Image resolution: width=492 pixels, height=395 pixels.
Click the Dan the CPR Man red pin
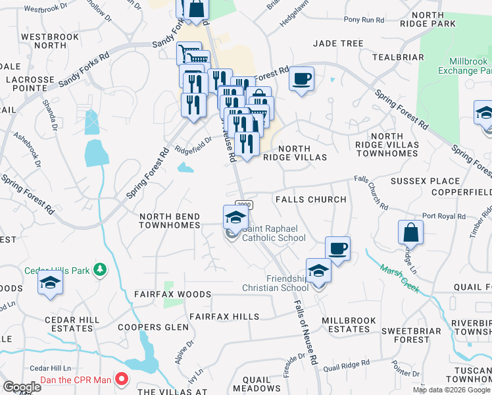(122, 379)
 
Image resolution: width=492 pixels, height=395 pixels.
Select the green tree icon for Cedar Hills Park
(99, 269)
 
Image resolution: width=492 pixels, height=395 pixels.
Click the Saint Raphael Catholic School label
(274, 233)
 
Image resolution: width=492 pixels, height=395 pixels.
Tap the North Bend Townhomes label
(170, 221)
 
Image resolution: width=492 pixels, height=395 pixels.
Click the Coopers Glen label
(149, 327)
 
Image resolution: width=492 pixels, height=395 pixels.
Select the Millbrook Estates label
(349, 325)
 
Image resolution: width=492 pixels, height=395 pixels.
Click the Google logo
(22, 387)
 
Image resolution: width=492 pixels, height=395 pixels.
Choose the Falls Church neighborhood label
(310, 199)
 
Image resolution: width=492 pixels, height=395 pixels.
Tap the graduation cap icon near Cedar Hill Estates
(50, 285)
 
